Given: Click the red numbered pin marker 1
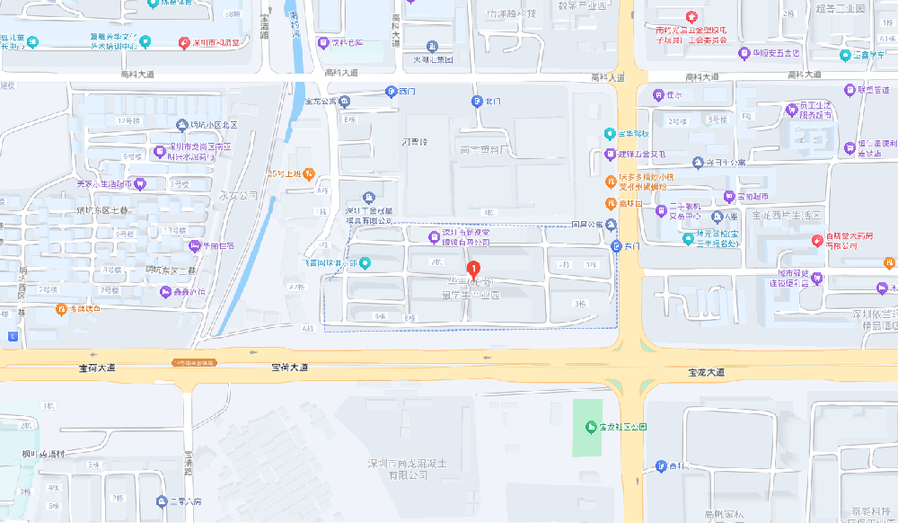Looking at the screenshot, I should pos(473,268).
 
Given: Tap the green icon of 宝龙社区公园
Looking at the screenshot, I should pos(591,426).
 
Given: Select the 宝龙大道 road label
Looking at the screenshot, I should pos(706,371).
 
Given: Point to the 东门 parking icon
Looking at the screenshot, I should pos(616,246).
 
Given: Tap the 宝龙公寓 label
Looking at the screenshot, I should pos(321,102).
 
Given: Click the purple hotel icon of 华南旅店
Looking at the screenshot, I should pos(195,246).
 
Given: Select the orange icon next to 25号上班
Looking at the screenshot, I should pos(309,173).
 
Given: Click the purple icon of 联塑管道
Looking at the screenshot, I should pos(850,89).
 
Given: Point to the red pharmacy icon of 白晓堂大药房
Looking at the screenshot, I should pos(816,240).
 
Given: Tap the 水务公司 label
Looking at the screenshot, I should pos(238,194).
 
